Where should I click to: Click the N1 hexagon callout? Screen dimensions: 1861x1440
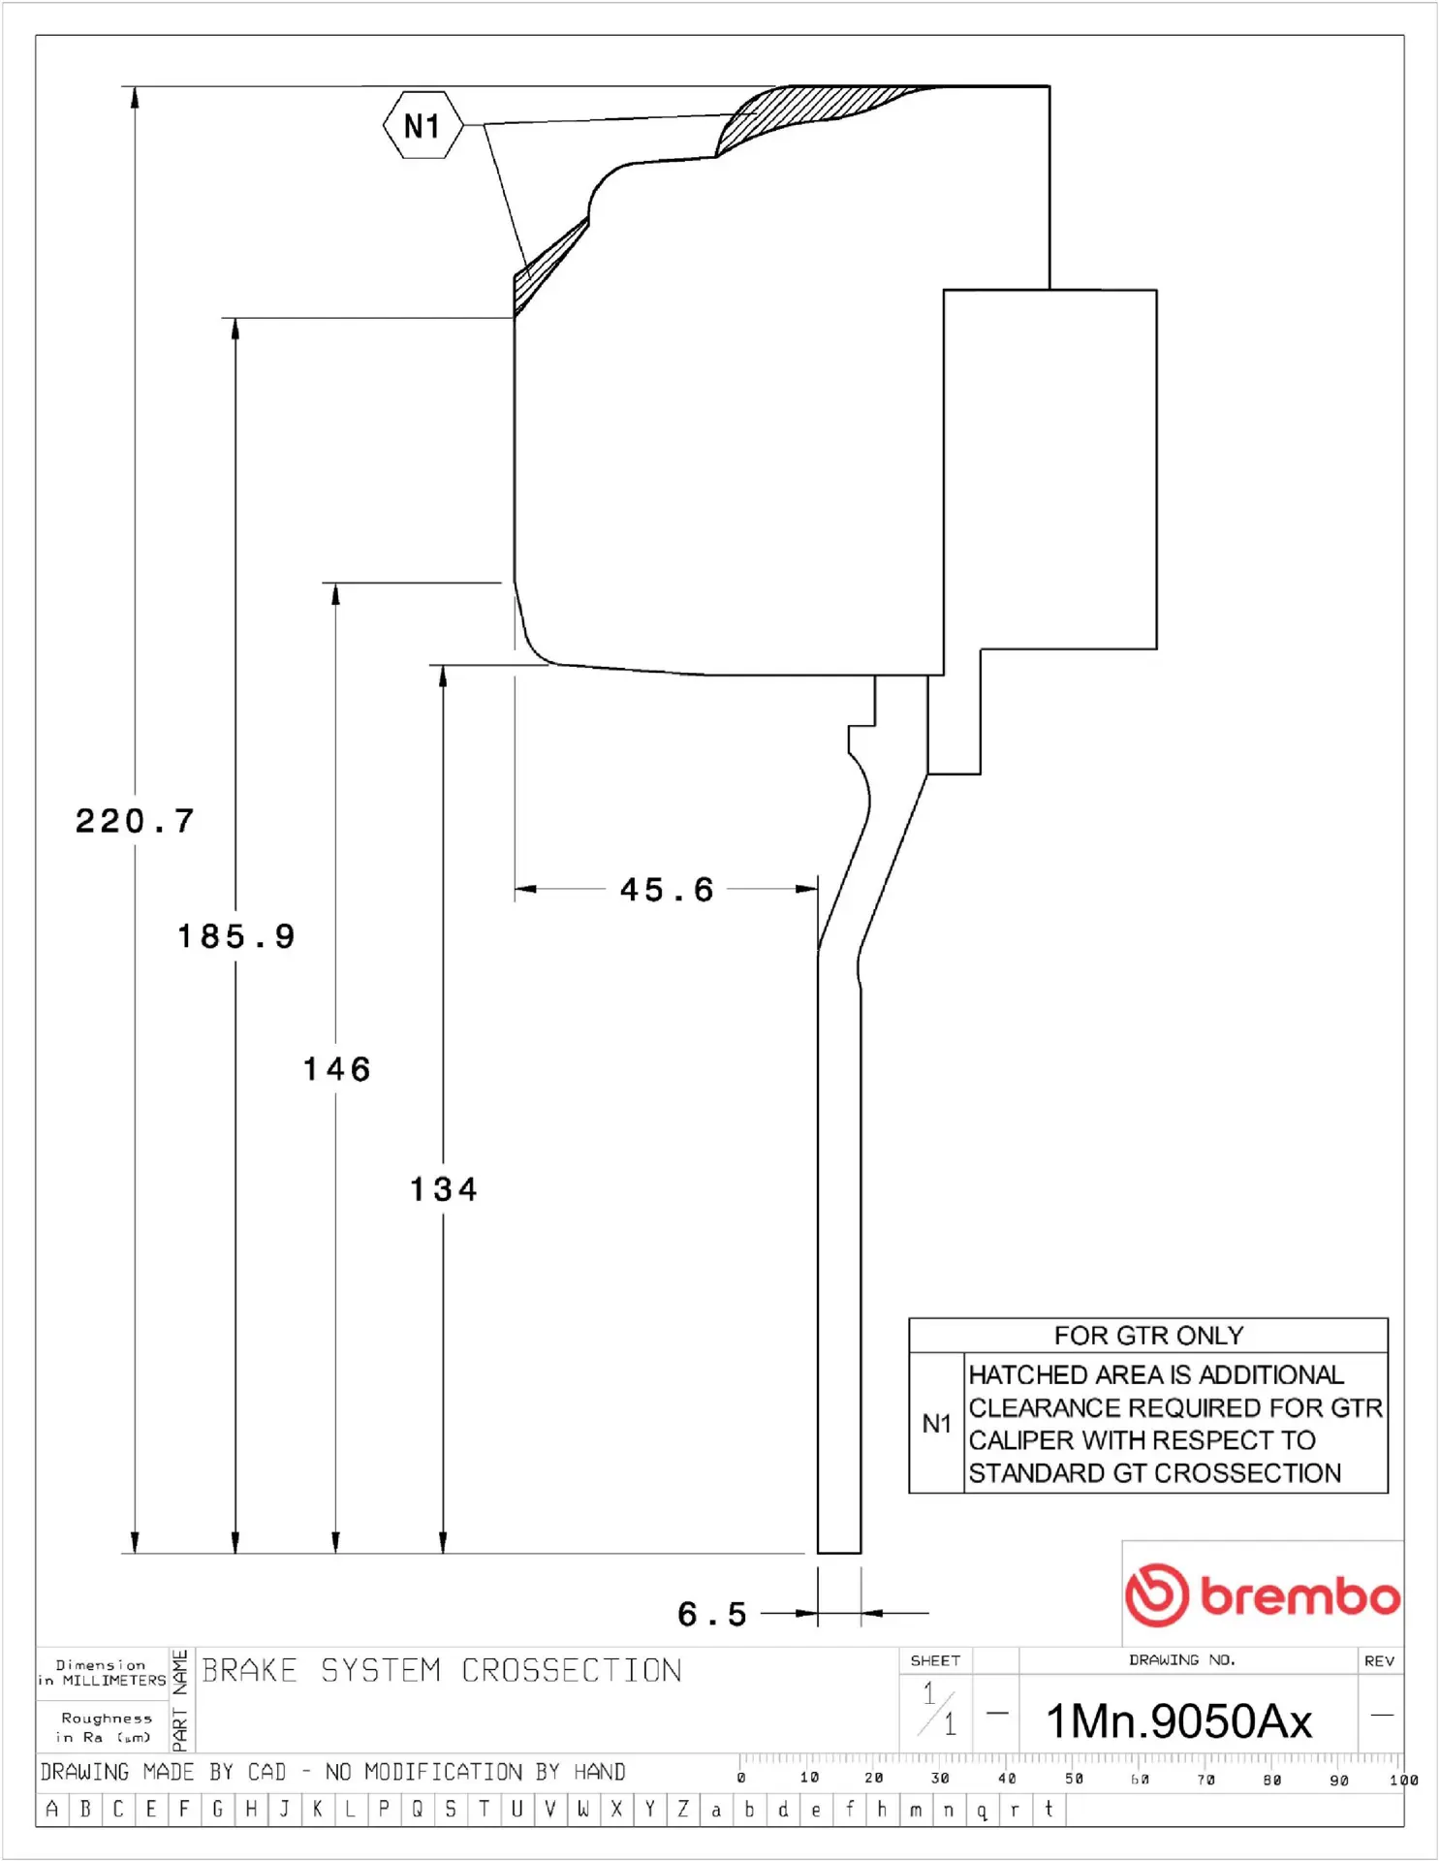pos(423,126)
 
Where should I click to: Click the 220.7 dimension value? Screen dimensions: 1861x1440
pos(135,822)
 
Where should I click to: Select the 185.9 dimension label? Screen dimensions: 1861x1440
pos(235,936)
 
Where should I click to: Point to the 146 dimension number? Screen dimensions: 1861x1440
pos(336,1069)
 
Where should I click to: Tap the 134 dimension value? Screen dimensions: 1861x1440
pos(443,1189)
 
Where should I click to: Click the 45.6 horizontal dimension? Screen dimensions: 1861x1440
pos(667,890)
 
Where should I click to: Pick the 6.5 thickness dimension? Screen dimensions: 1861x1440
pos(712,1614)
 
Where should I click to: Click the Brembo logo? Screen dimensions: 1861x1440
pos(1263,1594)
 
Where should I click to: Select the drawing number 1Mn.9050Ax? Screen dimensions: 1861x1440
pos(1178,1721)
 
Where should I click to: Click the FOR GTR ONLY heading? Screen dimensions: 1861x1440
pos(1148,1336)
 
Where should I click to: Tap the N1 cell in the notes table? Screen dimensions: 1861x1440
pos(936,1423)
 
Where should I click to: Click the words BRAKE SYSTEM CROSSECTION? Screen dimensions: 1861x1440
pos(442,1670)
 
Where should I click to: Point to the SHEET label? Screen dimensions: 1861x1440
pos(935,1660)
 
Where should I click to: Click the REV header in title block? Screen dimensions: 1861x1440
pos(1379,1660)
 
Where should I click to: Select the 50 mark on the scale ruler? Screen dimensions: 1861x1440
pos(1074,1779)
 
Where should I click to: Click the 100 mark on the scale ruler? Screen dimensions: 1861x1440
pos(1402,1780)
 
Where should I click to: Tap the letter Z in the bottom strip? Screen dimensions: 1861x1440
pos(683,1809)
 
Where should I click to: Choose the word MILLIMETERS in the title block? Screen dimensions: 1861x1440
pos(114,1681)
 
